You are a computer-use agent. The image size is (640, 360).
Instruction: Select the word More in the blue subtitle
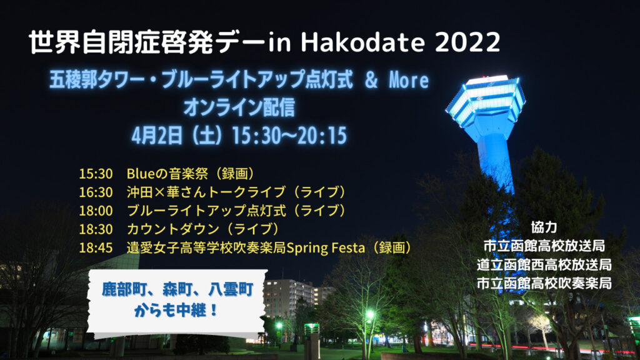409,80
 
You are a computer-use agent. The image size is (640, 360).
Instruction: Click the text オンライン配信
239,107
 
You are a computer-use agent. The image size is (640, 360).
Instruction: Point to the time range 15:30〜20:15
289,136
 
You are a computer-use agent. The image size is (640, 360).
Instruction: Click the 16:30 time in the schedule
96,192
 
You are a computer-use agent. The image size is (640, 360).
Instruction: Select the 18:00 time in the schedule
96,211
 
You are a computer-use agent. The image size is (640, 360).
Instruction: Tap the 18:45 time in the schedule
96,247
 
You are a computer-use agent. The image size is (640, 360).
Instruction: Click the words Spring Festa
326,247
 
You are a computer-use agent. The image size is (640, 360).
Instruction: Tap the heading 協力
544,227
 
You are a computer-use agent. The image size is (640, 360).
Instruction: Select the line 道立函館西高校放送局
544,264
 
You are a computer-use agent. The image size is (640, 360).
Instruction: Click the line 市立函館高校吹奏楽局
544,283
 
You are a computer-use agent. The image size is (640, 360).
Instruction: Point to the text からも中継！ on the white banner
176,311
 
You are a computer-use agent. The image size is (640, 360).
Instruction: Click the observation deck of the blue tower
486,100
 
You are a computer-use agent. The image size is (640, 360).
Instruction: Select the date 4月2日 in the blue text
157,136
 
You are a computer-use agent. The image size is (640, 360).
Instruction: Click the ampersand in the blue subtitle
371,80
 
